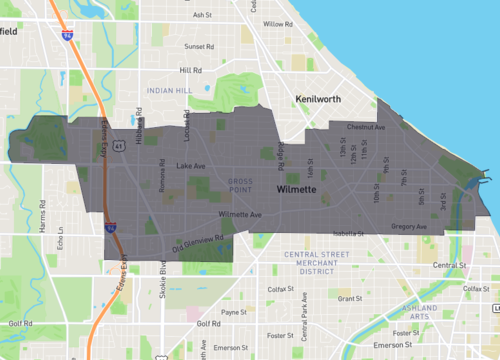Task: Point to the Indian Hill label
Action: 167,91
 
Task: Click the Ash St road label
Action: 203,15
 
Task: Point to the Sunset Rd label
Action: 199,46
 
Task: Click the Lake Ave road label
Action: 189,166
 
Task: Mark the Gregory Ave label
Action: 409,227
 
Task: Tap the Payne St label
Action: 233,313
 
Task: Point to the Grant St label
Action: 350,298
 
